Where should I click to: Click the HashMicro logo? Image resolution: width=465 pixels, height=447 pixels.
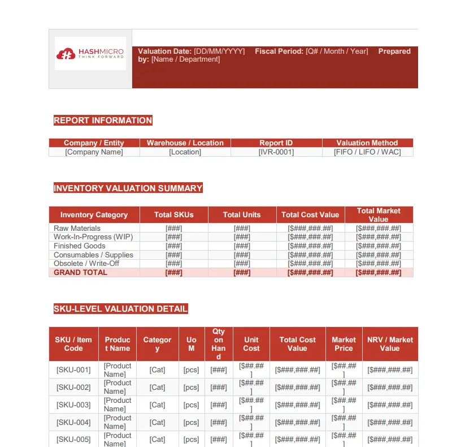click(x=90, y=54)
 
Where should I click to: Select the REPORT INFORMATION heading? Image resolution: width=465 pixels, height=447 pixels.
click(x=103, y=121)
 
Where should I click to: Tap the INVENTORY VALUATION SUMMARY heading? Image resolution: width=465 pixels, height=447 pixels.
click(x=128, y=188)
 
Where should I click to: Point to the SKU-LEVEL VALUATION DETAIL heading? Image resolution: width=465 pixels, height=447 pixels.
click(x=120, y=309)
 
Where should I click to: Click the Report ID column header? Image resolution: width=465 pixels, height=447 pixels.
click(x=276, y=143)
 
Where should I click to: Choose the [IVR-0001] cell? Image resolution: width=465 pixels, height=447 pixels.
click(x=276, y=152)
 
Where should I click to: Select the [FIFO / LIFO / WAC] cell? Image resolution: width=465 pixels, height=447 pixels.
click(x=367, y=152)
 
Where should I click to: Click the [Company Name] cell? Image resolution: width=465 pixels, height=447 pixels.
click(x=94, y=152)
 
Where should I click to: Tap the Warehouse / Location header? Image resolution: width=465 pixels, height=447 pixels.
click(x=185, y=143)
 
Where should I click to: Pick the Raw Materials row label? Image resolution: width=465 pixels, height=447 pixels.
click(x=77, y=229)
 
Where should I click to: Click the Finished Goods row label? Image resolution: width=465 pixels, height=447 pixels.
click(x=79, y=246)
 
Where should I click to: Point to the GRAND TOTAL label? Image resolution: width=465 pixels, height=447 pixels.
click(x=80, y=273)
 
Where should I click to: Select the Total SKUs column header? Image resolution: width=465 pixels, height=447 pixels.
click(x=174, y=215)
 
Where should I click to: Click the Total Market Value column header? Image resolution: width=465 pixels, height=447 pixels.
click(x=379, y=215)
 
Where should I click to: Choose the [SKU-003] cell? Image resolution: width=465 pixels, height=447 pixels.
click(x=73, y=405)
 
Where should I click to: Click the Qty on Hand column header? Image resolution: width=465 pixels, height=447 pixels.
click(x=219, y=344)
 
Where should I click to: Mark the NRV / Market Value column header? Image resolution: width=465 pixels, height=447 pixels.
click(x=390, y=344)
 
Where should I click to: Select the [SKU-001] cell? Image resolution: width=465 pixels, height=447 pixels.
click(x=73, y=370)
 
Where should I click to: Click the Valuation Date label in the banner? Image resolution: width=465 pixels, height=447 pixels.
click(x=165, y=51)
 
